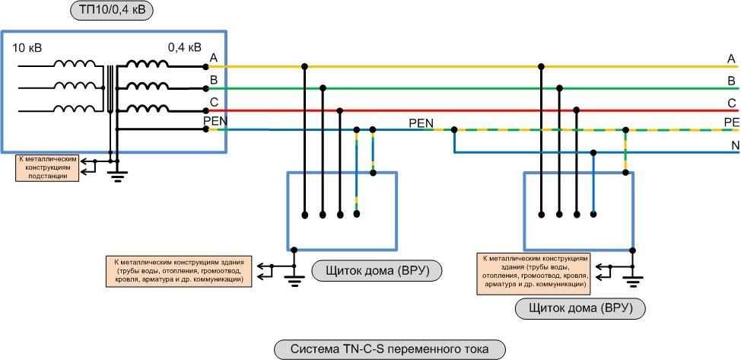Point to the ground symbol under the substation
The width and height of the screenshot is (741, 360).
(x=116, y=177)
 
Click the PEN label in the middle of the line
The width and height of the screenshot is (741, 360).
(x=421, y=122)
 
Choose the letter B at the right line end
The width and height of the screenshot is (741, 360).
(x=731, y=81)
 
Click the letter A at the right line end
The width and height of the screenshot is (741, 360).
(x=731, y=59)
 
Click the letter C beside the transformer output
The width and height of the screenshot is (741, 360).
(x=214, y=102)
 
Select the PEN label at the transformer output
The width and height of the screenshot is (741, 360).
(x=215, y=120)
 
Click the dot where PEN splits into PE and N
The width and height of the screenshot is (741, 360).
(x=454, y=130)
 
